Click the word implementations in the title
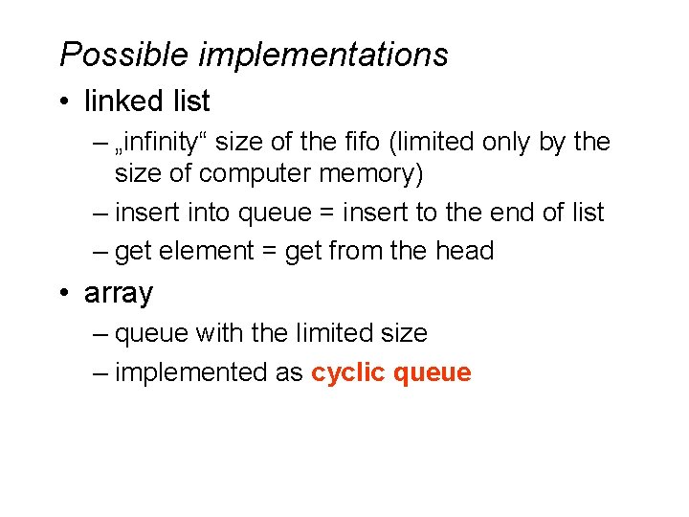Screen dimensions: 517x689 (322, 55)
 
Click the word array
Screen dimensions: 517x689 (119, 294)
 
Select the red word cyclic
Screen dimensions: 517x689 (347, 372)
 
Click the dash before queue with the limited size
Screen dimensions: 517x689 (101, 334)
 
